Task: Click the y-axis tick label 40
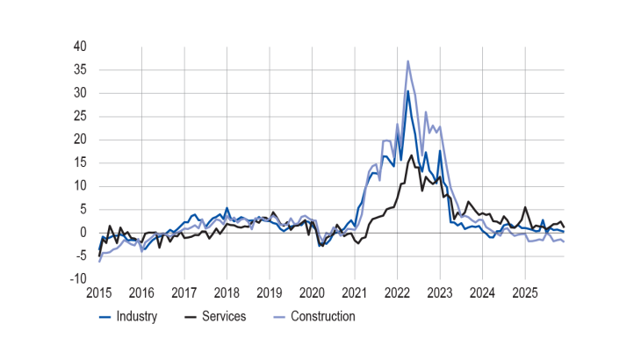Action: pos(79,46)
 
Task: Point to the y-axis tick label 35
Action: pos(79,69)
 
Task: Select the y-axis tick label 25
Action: pos(79,116)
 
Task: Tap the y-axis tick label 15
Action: pos(79,162)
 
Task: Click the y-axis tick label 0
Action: pos(83,233)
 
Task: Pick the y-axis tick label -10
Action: pos(77,279)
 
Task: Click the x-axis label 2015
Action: pos(99,292)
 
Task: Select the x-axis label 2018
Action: pos(227,292)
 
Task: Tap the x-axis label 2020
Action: pos(312,292)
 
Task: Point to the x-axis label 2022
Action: pos(397,292)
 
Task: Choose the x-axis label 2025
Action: pos(524,292)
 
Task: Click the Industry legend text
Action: pos(136,316)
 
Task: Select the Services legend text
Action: pos(224,316)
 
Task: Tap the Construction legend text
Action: pos(322,316)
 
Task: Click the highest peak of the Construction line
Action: pos(408,61)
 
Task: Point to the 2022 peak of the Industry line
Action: pos(407,90)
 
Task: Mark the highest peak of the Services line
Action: pos(412,155)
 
